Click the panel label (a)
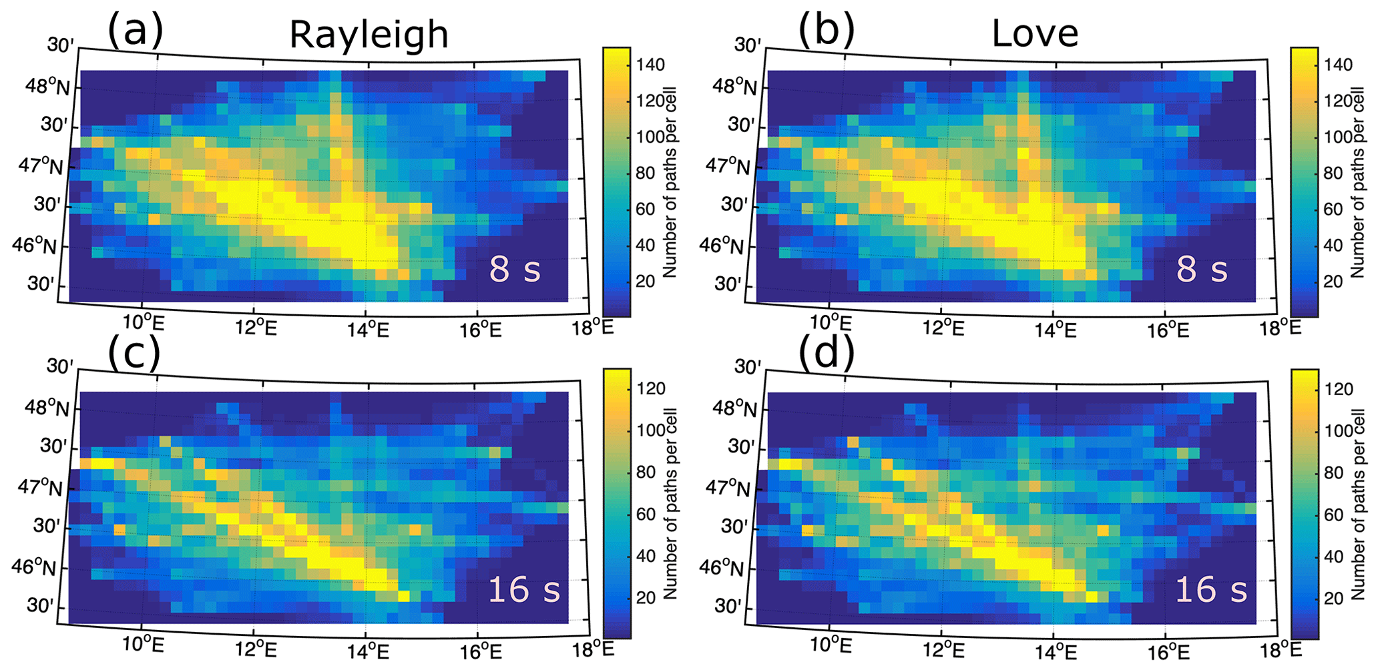point(136,30)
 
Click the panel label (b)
point(826,30)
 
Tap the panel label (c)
point(134,353)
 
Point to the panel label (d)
point(826,353)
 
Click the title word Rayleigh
point(369,35)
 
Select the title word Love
point(1035,33)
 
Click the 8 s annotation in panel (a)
point(515,269)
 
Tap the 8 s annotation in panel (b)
point(1202,269)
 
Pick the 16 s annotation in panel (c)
point(524,589)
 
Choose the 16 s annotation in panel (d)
point(1211,589)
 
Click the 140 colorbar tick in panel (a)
point(650,65)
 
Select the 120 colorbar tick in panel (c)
point(650,388)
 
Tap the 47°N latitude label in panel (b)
point(728,165)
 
